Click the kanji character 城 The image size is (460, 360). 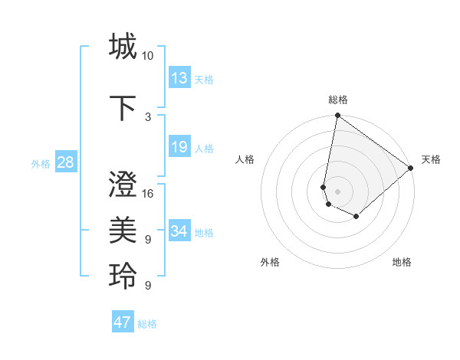[x=123, y=47]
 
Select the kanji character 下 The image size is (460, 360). [x=123, y=108]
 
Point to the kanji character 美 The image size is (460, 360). [x=123, y=230]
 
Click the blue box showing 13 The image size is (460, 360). [x=179, y=78]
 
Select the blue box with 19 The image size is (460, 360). [x=179, y=147]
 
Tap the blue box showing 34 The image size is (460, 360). [x=179, y=231]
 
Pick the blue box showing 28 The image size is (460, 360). [x=65, y=162]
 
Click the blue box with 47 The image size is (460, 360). [x=123, y=322]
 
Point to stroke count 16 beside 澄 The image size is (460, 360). [x=148, y=194]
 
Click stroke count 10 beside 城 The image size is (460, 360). [x=147, y=56]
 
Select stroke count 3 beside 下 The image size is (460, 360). [x=148, y=117]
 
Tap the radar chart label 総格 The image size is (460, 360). [x=338, y=100]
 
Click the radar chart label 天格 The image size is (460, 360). [x=431, y=159]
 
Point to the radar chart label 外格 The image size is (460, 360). [x=270, y=262]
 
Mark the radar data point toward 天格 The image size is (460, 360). [x=411, y=168]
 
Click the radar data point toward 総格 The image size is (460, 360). [x=337, y=116]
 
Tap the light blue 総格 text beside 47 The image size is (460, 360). [x=148, y=324]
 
